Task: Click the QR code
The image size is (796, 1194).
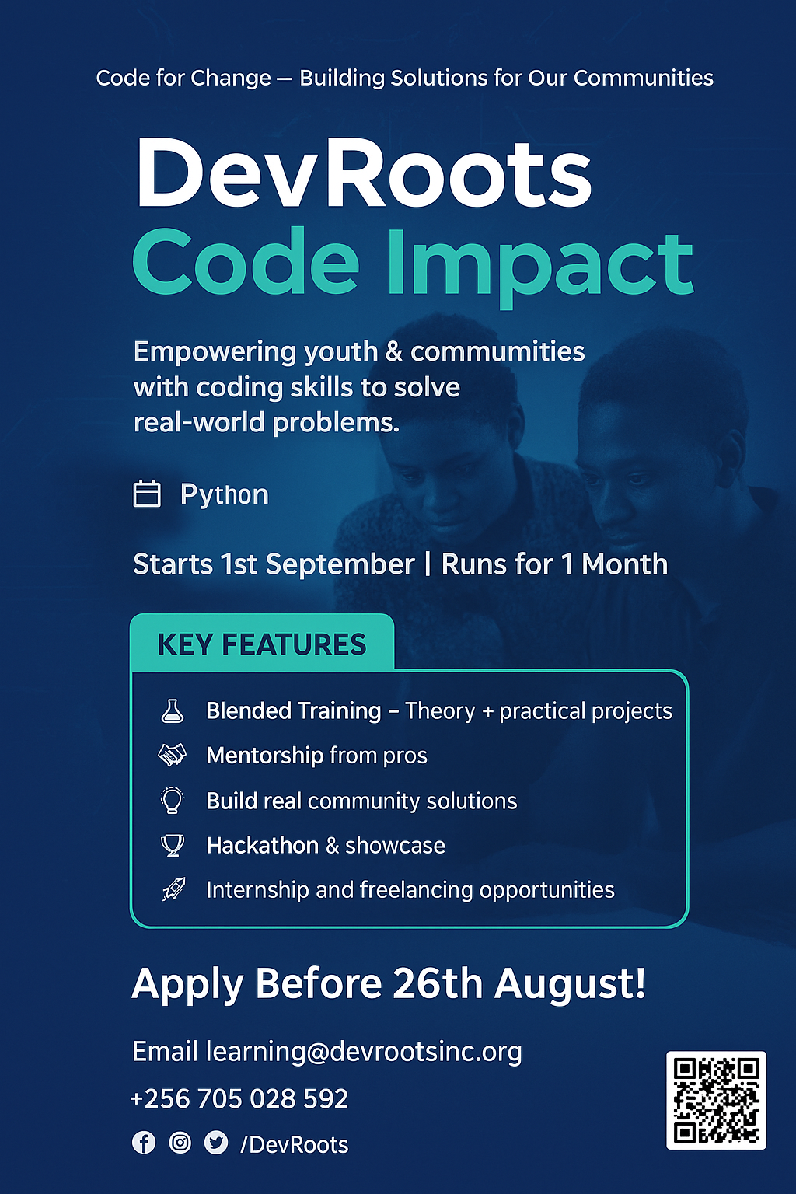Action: [716, 1100]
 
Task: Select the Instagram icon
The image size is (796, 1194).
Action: [180, 1143]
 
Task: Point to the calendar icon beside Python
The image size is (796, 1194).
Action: [147, 494]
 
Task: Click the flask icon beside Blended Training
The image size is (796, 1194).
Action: [173, 711]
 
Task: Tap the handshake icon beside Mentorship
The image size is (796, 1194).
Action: [173, 756]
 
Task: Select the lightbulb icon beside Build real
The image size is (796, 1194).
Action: [173, 800]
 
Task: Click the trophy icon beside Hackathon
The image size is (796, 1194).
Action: [173, 846]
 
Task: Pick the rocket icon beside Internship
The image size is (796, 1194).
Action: [173, 889]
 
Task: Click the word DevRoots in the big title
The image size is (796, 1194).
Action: [364, 173]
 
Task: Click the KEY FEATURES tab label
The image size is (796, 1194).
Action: [262, 644]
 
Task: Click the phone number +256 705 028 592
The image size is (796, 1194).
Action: [239, 1098]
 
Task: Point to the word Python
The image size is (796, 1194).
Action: [225, 495]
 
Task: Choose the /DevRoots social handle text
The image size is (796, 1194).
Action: [295, 1144]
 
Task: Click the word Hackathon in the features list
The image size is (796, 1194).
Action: [262, 846]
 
